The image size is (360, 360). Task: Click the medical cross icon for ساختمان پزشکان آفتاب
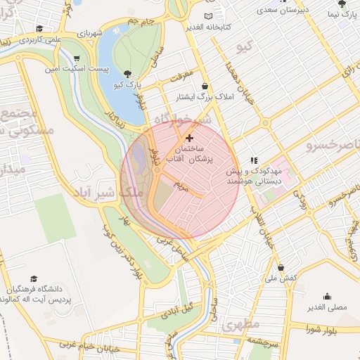(189, 139)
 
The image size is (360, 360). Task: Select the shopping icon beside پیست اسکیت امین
(76, 58)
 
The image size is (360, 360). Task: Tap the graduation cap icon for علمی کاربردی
(40, 29)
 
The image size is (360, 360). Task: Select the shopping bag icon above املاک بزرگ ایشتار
(205, 86)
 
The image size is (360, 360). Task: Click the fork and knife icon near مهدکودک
(254, 160)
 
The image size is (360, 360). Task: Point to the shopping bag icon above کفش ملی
(281, 268)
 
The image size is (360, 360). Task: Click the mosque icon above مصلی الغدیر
(326, 296)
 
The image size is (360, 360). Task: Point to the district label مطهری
(241, 325)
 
